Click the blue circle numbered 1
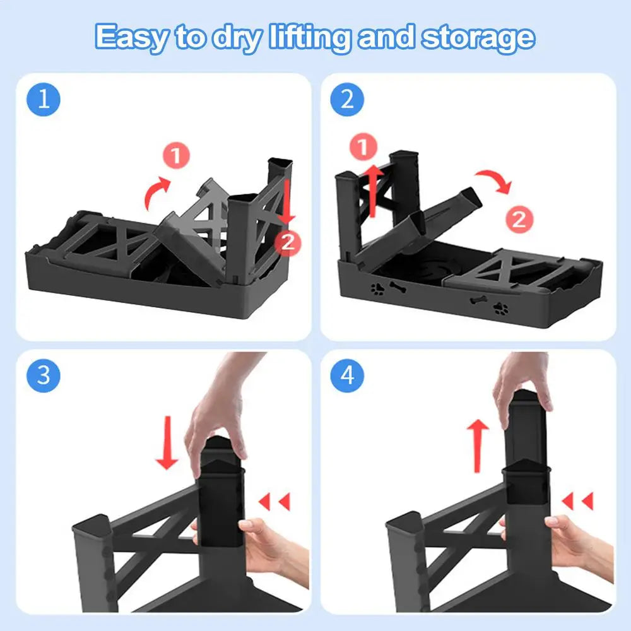click(x=44, y=100)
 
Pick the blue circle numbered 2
click(x=347, y=100)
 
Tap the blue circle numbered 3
click(x=44, y=376)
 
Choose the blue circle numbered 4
click(x=347, y=376)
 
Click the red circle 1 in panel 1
click(x=176, y=155)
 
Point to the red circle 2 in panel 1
click(x=288, y=243)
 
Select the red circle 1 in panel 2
click(x=363, y=147)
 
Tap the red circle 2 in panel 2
click(x=519, y=220)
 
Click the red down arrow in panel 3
click(x=167, y=443)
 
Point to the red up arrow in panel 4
click(x=478, y=445)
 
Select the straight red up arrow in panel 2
click(x=373, y=191)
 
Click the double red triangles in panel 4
click(x=577, y=501)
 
